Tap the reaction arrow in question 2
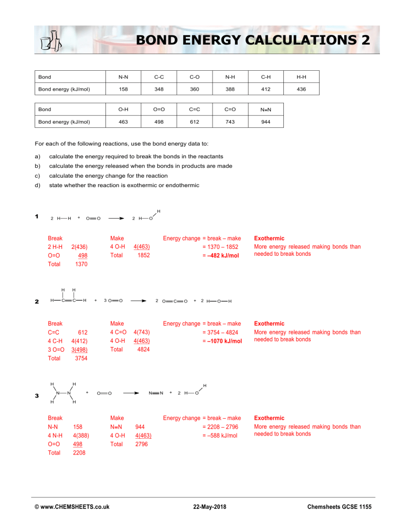[138, 300]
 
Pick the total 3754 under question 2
[81, 359]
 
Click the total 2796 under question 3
[141, 443]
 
